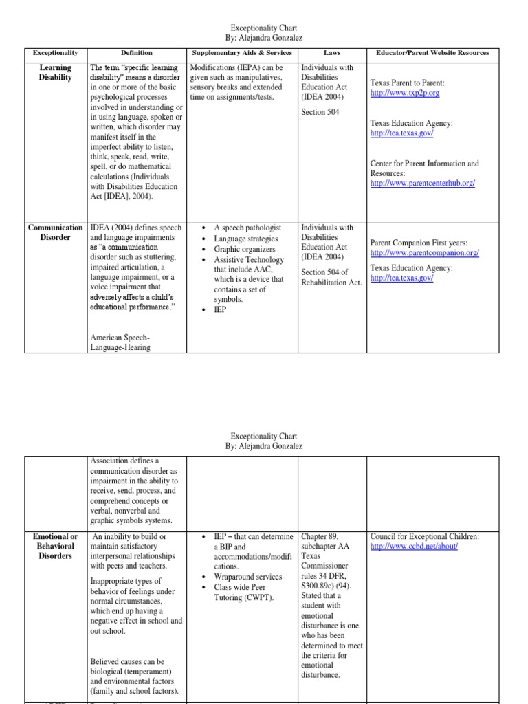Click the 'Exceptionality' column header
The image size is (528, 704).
click(x=56, y=53)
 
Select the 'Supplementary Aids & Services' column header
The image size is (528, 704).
click(x=241, y=53)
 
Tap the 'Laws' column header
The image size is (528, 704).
click(x=331, y=53)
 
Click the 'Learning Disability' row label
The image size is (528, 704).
click(x=56, y=73)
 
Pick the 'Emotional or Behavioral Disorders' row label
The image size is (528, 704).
click(x=56, y=546)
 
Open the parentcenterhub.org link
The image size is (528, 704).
click(x=422, y=184)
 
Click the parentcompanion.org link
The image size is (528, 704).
click(x=424, y=253)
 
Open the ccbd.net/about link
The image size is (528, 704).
click(x=413, y=547)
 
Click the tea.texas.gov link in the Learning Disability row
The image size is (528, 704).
click(x=401, y=133)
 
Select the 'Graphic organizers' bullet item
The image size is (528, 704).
click(x=244, y=250)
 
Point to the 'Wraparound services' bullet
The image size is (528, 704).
click(x=247, y=577)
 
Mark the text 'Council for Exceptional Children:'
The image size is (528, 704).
click(x=424, y=536)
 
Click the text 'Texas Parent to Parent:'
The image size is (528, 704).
click(x=411, y=82)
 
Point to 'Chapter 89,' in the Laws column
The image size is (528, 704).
click(x=321, y=536)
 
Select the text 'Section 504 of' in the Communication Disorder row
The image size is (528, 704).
click(x=324, y=272)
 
